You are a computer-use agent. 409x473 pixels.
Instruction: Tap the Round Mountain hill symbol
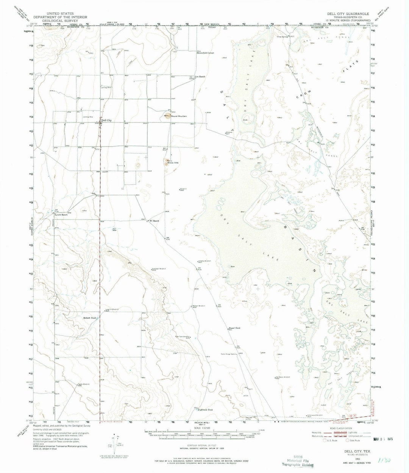(x=168, y=116)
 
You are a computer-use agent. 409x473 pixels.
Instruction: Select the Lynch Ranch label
(x=61, y=215)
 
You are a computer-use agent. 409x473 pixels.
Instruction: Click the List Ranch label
(x=200, y=76)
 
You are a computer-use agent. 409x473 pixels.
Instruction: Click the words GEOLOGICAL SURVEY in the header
(x=61, y=22)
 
